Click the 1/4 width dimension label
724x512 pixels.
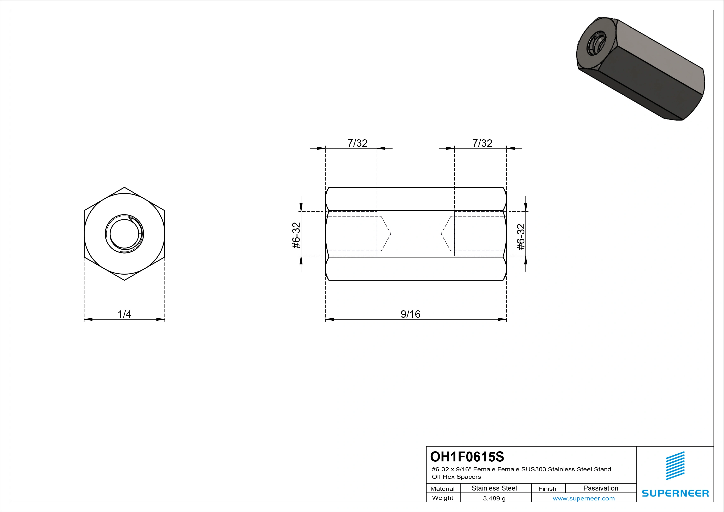coord(124,314)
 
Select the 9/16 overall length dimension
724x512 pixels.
coord(411,314)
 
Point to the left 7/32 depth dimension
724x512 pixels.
coord(357,143)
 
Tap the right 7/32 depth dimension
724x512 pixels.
coord(482,143)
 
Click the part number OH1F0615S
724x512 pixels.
coord(467,456)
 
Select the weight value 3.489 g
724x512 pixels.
coord(494,498)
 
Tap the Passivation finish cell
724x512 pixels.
coord(601,488)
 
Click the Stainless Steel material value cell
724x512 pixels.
coord(494,488)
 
